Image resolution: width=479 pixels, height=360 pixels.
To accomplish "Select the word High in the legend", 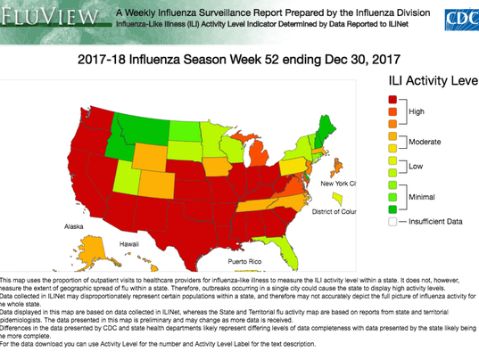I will click(x=417, y=111).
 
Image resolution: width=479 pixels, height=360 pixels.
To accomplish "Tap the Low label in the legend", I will click(x=416, y=167).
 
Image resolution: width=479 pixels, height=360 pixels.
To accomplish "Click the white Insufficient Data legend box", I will click(x=392, y=221).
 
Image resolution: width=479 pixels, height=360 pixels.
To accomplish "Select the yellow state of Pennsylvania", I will click(x=293, y=167).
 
